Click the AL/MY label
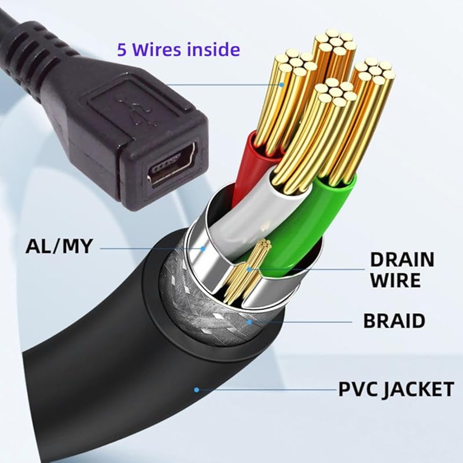click(59, 245)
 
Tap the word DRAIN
click(402, 259)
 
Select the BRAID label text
click(394, 320)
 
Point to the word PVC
click(355, 389)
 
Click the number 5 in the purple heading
click(122, 48)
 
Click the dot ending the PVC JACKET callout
click(197, 389)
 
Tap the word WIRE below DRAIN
click(395, 281)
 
